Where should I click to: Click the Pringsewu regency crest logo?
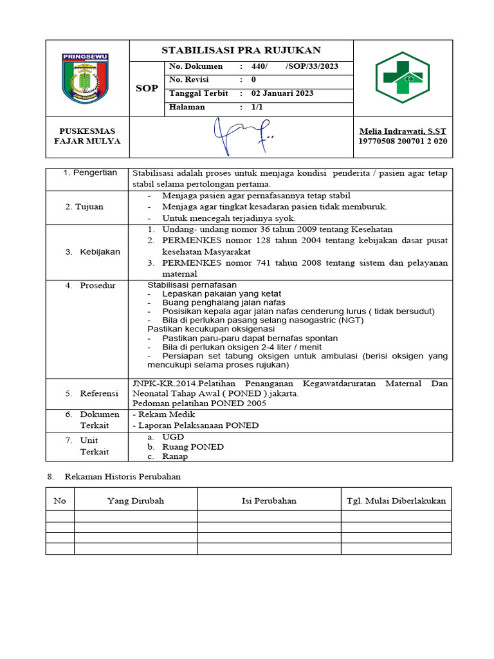(86, 79)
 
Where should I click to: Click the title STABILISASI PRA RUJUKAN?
(241, 50)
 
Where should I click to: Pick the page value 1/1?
(257, 107)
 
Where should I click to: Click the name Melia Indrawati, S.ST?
(402, 131)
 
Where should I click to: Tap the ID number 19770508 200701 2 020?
(402, 142)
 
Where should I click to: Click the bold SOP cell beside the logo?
(147, 88)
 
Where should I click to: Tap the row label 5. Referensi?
(91, 393)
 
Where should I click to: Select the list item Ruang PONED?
(193, 447)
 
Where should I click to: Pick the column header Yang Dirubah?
(136, 500)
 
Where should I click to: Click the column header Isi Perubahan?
(268, 500)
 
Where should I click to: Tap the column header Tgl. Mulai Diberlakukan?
(396, 500)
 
